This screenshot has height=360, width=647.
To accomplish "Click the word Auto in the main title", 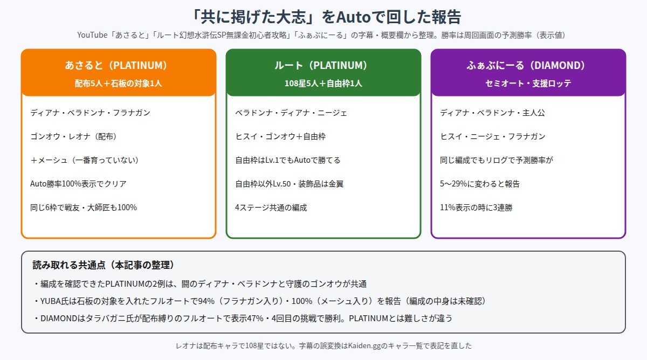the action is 353,17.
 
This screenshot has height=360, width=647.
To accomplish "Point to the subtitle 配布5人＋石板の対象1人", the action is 119,84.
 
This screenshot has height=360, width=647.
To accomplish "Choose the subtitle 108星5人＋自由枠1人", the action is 323,84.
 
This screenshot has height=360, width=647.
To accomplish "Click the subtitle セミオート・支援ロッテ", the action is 528,84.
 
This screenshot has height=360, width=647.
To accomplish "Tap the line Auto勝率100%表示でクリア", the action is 78,184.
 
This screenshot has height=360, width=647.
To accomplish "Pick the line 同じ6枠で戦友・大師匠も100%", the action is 84,207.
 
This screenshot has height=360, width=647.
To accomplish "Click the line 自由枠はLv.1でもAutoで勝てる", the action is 288,160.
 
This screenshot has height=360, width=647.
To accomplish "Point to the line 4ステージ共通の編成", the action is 271,207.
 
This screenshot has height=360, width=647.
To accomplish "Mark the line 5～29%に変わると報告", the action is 480,184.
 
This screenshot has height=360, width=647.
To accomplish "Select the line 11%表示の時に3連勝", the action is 476,207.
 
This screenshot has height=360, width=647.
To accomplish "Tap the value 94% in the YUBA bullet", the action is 206,301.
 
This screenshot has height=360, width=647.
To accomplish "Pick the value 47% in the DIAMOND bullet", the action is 255,318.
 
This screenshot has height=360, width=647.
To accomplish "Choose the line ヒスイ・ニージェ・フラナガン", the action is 493,136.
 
